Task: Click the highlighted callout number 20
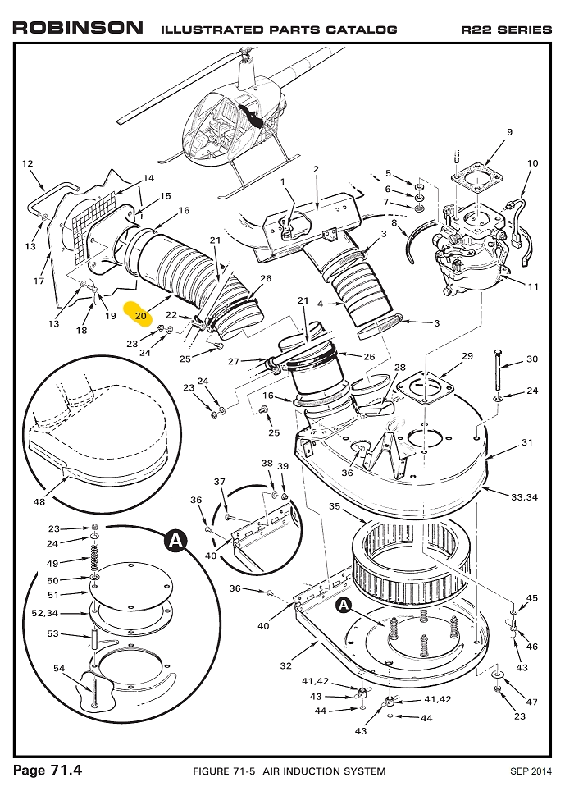[x=140, y=314]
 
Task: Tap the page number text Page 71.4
[x=48, y=770]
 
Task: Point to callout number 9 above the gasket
[x=509, y=132]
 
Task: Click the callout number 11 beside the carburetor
[x=533, y=286]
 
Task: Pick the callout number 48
[x=39, y=502]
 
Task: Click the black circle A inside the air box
[x=344, y=605]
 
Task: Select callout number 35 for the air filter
[x=335, y=506]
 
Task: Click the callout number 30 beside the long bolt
[x=532, y=359]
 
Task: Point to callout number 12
[x=26, y=162]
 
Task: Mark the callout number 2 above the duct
[x=316, y=169]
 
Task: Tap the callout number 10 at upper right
[x=532, y=163]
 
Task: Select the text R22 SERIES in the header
[x=506, y=30]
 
